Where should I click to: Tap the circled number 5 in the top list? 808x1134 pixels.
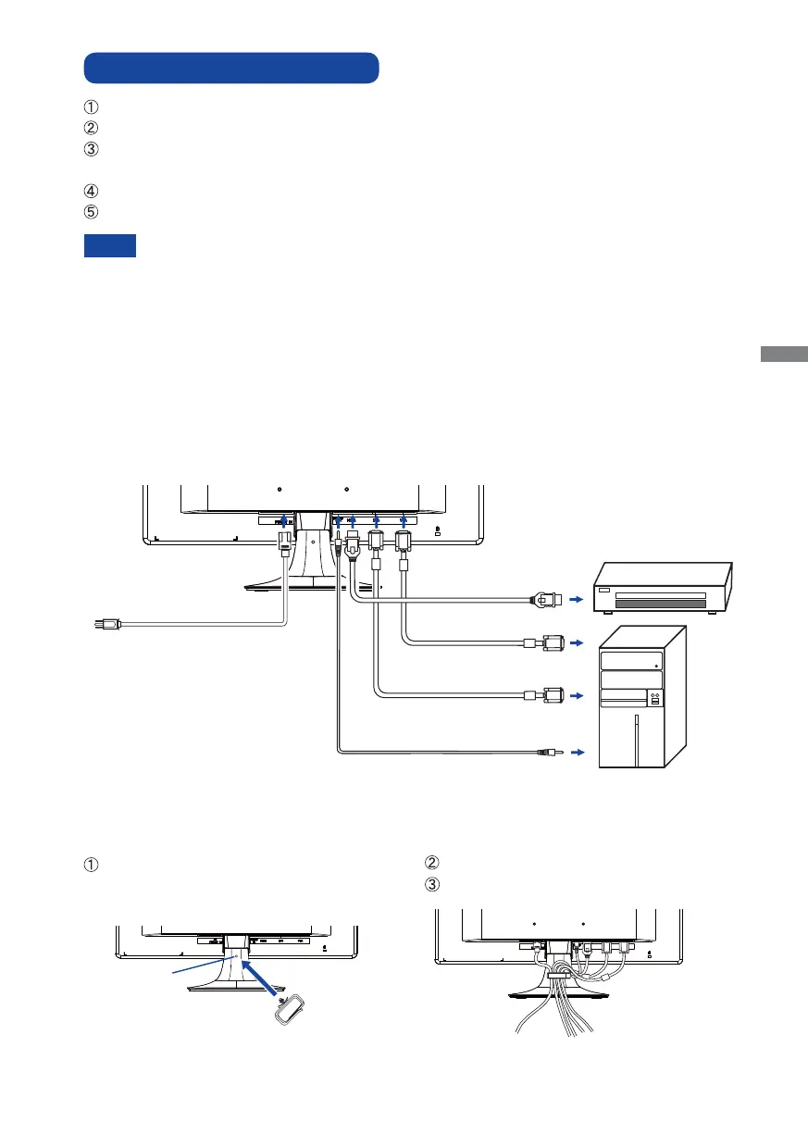[91, 212]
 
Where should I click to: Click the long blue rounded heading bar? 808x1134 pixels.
[231, 69]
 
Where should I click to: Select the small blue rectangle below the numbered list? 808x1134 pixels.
[110, 245]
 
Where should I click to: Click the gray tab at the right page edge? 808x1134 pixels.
[785, 355]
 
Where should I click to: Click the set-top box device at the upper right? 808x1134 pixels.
[664, 588]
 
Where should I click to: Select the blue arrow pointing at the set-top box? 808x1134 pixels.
[578, 599]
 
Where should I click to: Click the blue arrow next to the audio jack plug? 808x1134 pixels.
[579, 753]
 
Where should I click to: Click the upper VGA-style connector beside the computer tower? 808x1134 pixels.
[547, 641]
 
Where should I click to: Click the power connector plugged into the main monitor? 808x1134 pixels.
[285, 540]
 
